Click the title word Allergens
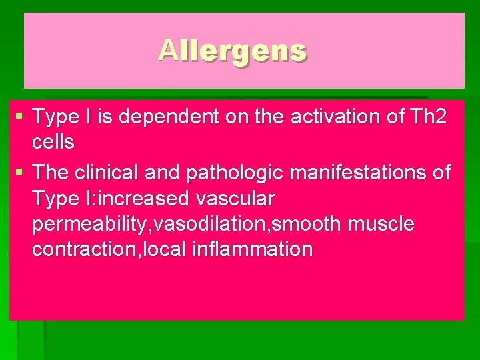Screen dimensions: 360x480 [x=233, y=50]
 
